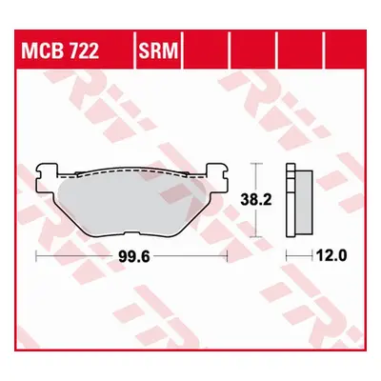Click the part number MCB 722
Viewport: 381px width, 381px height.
[x=60, y=50]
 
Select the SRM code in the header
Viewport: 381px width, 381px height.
[x=158, y=50]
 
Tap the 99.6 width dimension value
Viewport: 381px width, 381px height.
[x=134, y=256]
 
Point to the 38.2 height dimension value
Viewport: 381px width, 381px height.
[x=256, y=200]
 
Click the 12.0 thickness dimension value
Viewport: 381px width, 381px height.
[x=331, y=254]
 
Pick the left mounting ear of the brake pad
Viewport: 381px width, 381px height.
[x=48, y=173]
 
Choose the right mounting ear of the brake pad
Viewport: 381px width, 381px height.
[x=217, y=172]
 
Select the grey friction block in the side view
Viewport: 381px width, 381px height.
[x=304, y=202]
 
